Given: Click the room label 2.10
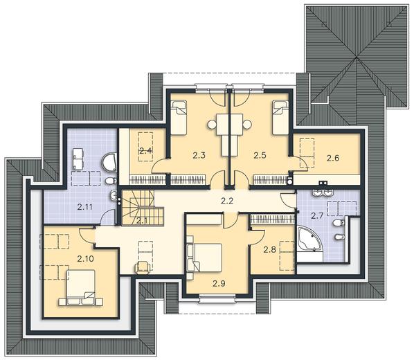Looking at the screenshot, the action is pos(86,259).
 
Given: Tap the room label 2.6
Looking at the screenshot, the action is pos(333,159).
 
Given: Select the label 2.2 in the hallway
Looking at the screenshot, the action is pos(227,201).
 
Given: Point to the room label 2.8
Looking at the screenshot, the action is pos(270,250).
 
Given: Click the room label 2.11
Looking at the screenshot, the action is pos(85,207).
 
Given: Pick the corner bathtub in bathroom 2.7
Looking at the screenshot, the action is pos(309,239).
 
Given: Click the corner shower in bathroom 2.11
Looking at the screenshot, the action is pos(109,162).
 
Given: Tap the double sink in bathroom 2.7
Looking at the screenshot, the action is pos(323,192).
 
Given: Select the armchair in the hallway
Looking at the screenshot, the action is pos(143,267).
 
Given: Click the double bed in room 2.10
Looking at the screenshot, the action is pos(81,288).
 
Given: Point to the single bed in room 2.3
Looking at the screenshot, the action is pos(179,118).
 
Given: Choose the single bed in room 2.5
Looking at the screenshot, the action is pos(280,118).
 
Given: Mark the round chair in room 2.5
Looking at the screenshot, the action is pos(246,125).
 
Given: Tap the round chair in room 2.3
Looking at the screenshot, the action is pos(212,125).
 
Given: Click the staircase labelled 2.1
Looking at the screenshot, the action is pos(143,208).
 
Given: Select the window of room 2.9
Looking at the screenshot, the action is pos(217,298).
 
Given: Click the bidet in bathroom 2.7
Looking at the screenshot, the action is pos(339,237).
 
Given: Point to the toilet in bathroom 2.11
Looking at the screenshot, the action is pos(111,181).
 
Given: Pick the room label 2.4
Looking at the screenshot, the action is pos(145,151).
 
